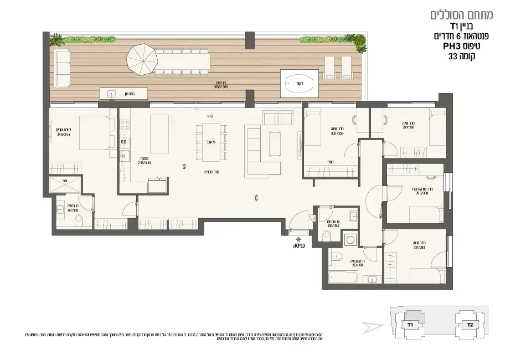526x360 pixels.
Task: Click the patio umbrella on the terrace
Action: (143, 60)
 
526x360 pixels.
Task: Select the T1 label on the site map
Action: (410, 325)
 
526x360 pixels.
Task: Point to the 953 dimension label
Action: (210, 116)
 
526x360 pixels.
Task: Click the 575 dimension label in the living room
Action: (257, 197)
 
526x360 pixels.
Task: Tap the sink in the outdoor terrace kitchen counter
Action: (110, 94)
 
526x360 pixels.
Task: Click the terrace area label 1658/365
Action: (221, 87)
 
